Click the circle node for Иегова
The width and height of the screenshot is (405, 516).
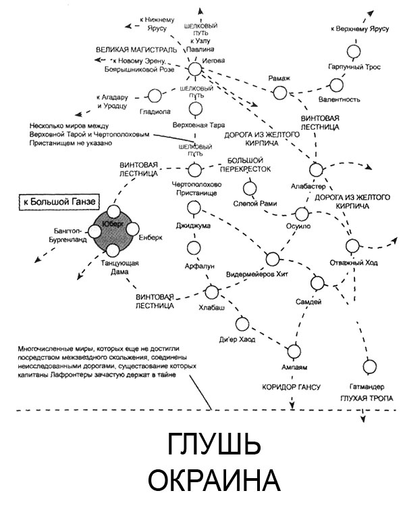194,69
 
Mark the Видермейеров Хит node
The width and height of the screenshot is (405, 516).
273,259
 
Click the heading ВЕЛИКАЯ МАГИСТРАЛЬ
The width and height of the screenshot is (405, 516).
134,50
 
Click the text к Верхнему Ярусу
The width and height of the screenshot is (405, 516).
362,29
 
